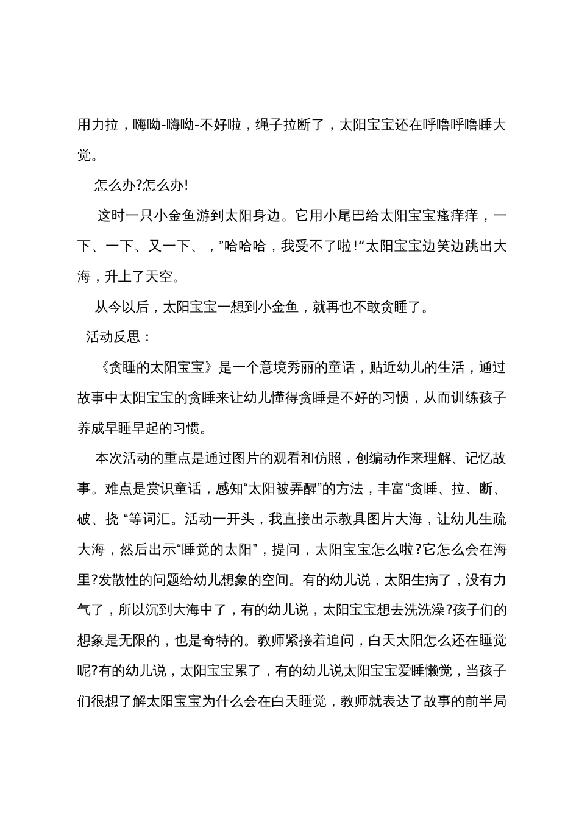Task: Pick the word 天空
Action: (x=160, y=277)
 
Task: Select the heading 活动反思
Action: (x=113, y=338)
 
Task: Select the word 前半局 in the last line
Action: (x=485, y=702)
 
